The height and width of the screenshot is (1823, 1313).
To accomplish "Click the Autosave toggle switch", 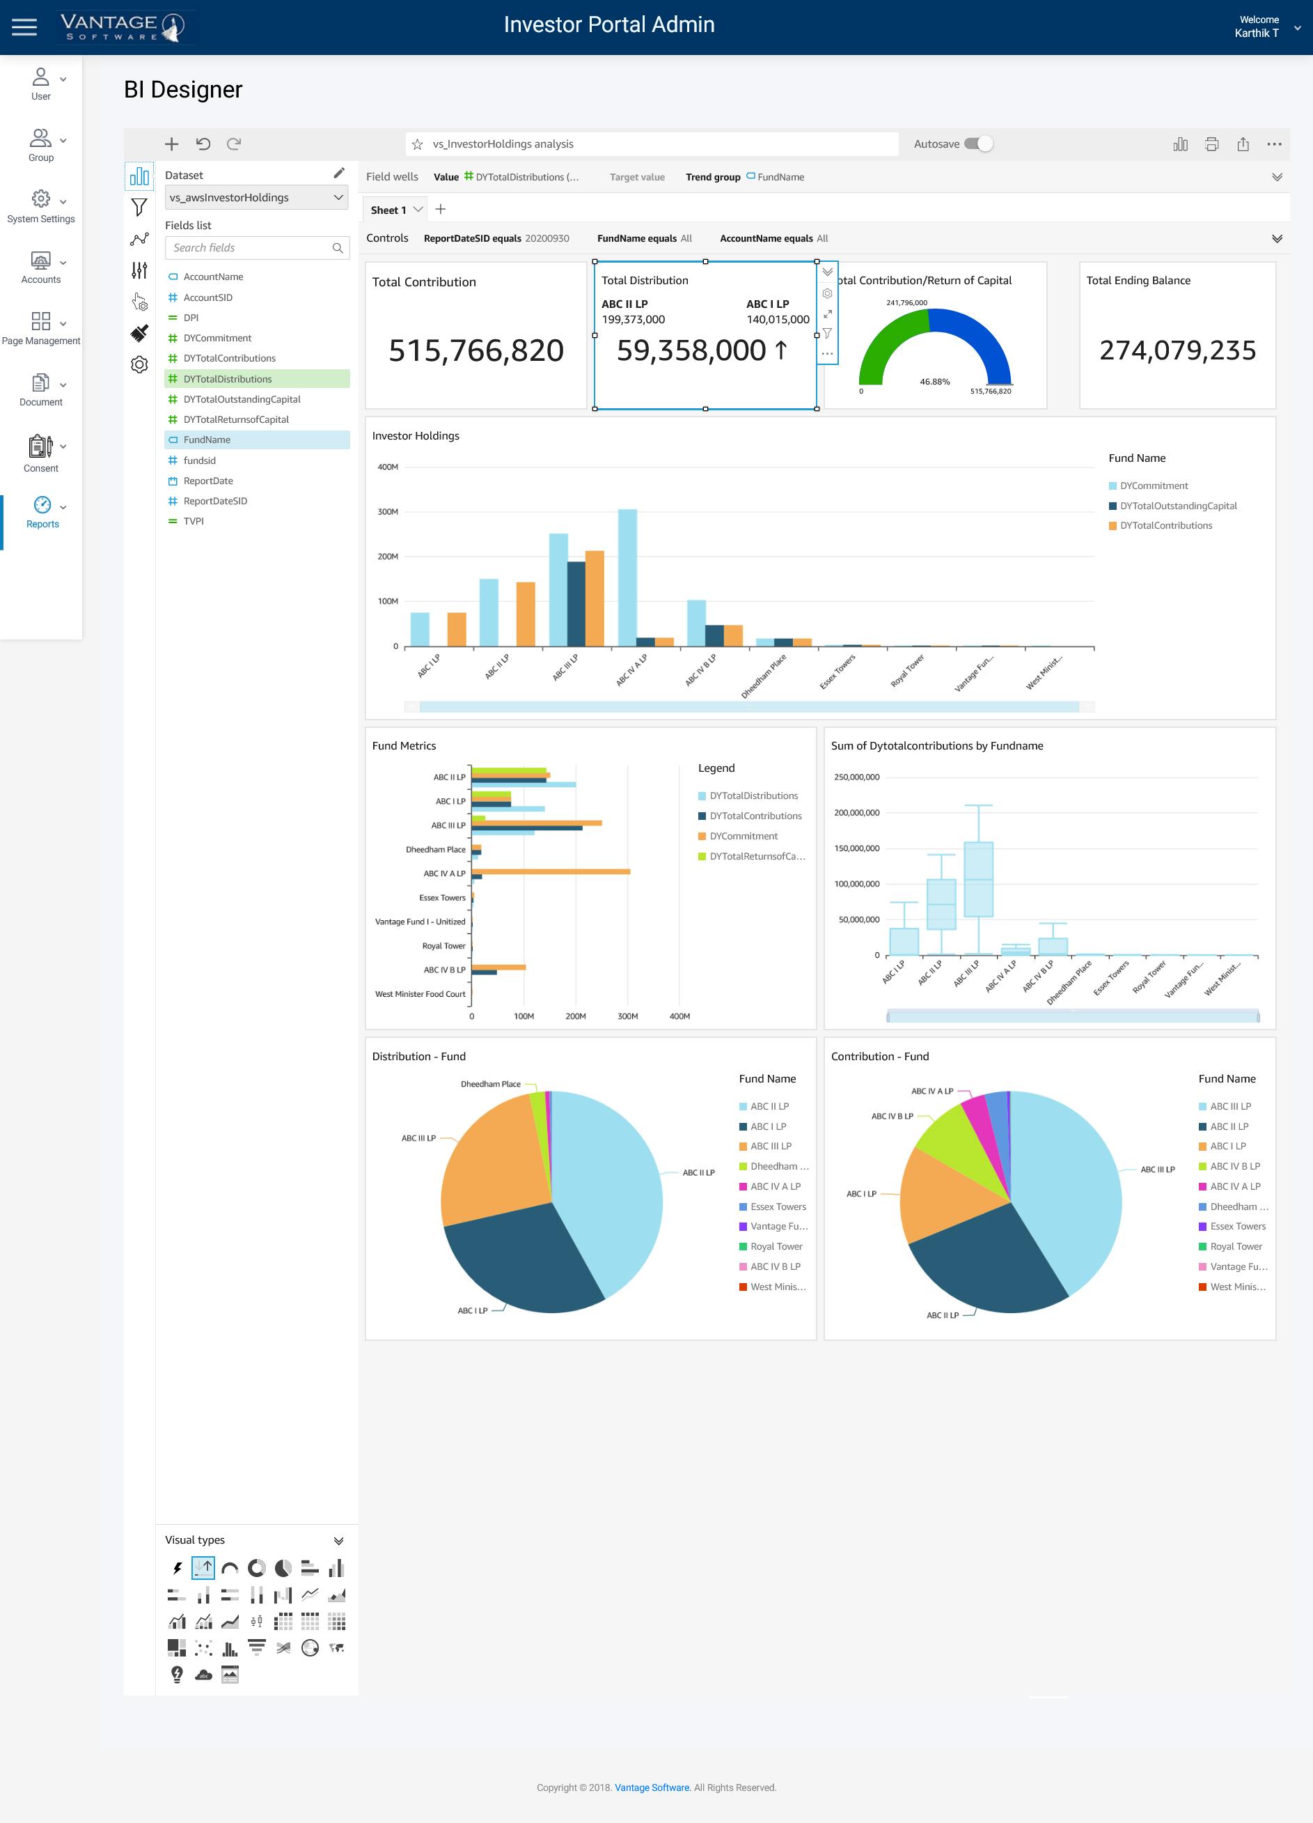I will [x=978, y=144].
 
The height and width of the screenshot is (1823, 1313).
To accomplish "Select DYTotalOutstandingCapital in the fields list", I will [x=241, y=399].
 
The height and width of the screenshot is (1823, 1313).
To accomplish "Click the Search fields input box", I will [x=249, y=247].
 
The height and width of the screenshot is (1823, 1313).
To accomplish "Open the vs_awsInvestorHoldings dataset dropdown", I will [x=256, y=198].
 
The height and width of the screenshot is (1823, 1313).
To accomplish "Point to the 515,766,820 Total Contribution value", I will [x=475, y=350].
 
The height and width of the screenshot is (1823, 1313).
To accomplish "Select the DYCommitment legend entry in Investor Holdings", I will [x=1153, y=486].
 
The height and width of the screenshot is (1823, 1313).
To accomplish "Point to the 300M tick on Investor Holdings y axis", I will [x=388, y=512].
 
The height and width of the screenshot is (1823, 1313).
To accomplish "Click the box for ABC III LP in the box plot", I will [x=978, y=878].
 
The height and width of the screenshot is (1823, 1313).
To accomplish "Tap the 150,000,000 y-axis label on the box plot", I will [x=856, y=848].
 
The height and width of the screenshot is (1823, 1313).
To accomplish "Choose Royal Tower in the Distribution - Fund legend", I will [x=776, y=1247].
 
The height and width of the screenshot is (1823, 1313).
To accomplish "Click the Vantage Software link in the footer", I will [x=652, y=1787].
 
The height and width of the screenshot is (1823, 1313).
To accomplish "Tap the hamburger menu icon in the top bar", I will [x=24, y=27].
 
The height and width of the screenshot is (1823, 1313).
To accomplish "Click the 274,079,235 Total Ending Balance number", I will [x=1177, y=350].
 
